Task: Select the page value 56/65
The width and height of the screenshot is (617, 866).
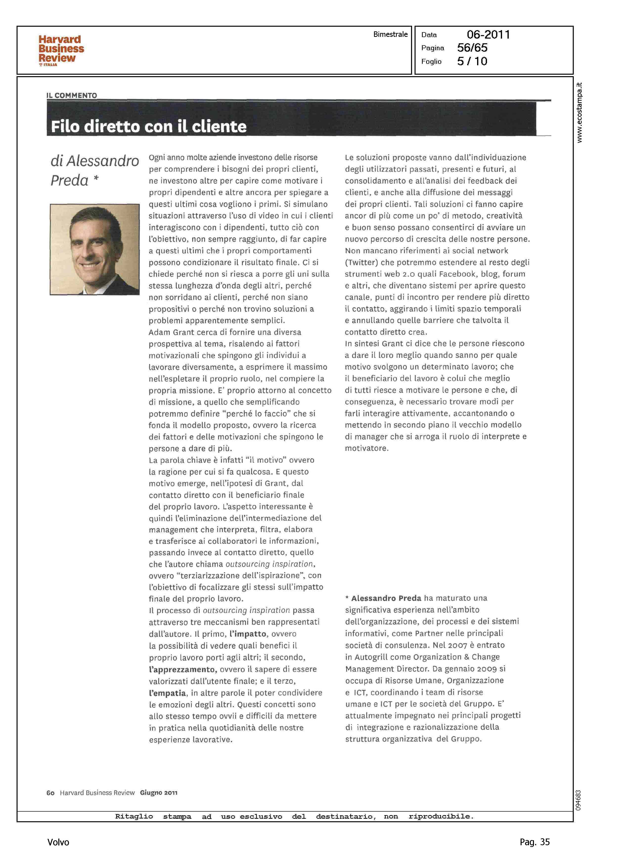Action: (472, 48)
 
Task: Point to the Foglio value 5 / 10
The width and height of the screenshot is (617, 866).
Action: (472, 61)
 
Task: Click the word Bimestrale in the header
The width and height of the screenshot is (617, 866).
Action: (390, 34)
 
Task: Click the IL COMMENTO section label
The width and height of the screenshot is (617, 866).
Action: (72, 95)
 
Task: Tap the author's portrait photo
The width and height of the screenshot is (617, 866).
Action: (95, 249)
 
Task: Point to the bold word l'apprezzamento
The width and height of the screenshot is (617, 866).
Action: (183, 669)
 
